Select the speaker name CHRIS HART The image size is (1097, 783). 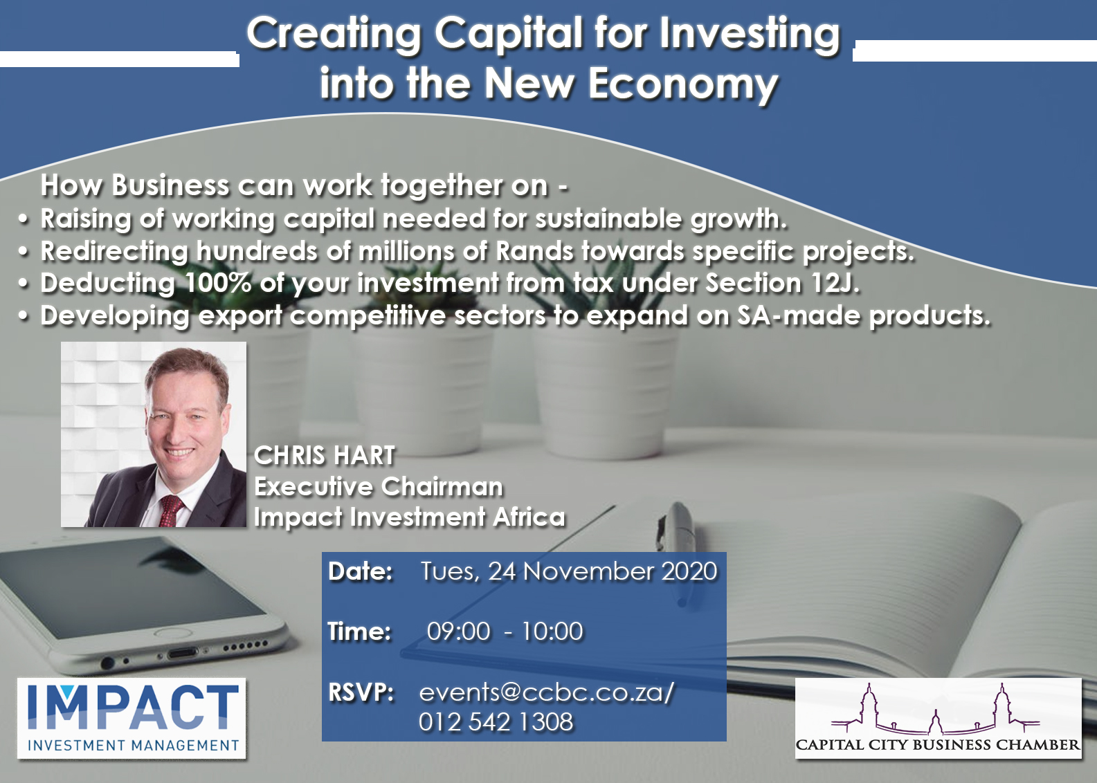pos(324,456)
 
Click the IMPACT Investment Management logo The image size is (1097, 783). pos(132,718)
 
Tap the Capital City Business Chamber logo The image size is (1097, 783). pos(937,718)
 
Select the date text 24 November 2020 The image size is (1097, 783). pos(603,571)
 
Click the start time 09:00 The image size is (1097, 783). pos(458,632)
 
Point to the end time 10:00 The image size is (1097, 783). pos(552,632)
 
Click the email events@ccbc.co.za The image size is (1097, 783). pos(547,692)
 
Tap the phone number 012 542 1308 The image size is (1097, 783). pos(496,722)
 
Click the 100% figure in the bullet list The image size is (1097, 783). pos(219,284)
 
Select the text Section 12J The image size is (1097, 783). pos(782,284)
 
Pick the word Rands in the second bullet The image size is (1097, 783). pos(535,252)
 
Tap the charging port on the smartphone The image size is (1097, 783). pos(182,653)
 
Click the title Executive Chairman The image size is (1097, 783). pos(379,487)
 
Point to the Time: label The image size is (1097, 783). pos(359,632)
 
